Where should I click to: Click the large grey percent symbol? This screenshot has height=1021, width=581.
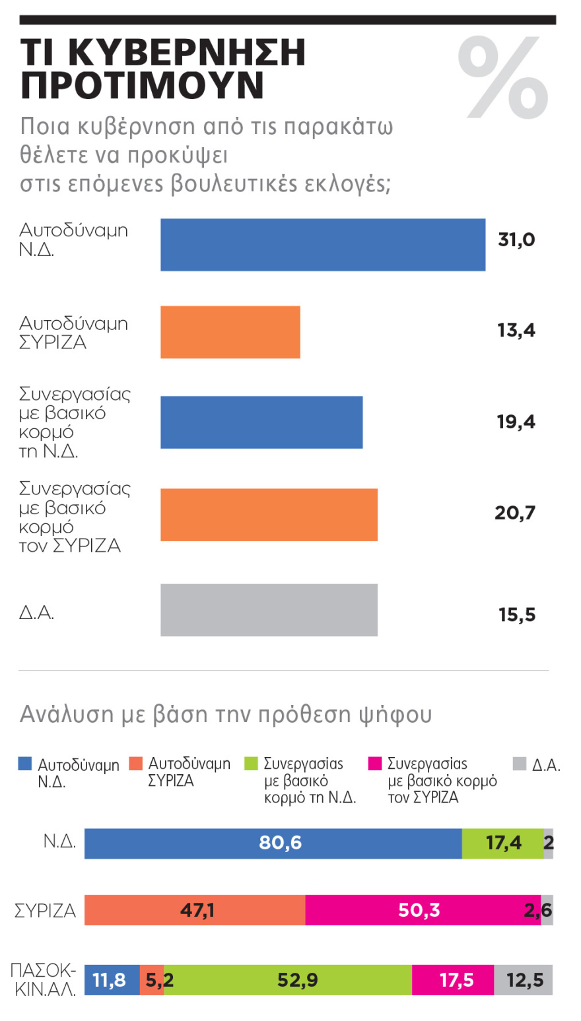(x=503, y=79)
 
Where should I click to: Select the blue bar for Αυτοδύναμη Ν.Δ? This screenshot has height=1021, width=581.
(x=322, y=244)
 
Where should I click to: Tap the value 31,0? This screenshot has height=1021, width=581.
(x=516, y=240)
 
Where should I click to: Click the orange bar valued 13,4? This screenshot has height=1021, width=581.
(x=230, y=332)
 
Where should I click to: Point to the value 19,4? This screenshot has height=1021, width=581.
(x=516, y=422)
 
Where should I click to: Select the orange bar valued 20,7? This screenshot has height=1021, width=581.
(x=269, y=515)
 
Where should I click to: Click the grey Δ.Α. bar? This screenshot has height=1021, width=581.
(x=269, y=610)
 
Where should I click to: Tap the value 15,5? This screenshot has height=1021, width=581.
(x=517, y=615)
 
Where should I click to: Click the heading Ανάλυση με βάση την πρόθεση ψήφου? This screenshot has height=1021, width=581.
(x=226, y=714)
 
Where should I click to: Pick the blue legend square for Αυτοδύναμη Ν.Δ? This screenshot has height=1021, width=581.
(x=25, y=764)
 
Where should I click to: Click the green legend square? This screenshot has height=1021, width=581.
(x=251, y=764)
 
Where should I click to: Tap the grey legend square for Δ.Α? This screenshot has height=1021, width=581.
(x=520, y=764)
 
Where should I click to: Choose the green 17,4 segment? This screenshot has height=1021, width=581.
(x=502, y=843)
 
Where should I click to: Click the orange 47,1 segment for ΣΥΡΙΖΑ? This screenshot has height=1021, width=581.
(x=195, y=910)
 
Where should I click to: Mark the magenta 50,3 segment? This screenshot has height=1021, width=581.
(x=423, y=910)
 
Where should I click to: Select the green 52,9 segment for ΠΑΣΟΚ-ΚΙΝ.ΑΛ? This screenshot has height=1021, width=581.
(x=288, y=979)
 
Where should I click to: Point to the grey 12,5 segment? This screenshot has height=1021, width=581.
(x=524, y=979)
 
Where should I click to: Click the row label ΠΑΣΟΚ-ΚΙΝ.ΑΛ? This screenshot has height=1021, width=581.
(x=44, y=979)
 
